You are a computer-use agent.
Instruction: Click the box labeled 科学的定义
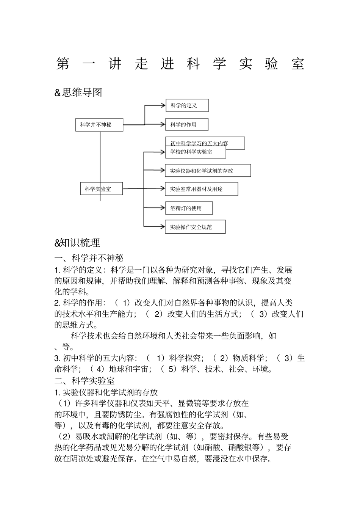click(x=187, y=105)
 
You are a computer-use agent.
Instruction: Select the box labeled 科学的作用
click(x=187, y=124)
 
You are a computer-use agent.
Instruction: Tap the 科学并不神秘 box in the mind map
click(x=99, y=125)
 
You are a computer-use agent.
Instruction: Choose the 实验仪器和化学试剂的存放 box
click(x=208, y=171)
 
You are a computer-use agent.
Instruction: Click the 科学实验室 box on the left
click(x=102, y=188)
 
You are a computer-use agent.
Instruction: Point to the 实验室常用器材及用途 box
click(x=202, y=189)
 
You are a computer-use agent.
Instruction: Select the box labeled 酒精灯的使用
click(x=189, y=208)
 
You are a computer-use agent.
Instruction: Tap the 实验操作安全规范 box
click(x=195, y=227)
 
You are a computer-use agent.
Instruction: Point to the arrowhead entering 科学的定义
click(x=163, y=105)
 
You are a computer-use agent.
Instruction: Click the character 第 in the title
click(x=63, y=64)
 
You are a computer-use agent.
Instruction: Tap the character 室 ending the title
click(x=298, y=64)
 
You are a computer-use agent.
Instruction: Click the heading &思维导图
click(x=78, y=92)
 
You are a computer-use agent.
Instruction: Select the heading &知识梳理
click(x=77, y=243)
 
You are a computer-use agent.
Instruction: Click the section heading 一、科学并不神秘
click(x=89, y=259)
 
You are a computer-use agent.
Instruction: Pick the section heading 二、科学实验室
click(x=85, y=380)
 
